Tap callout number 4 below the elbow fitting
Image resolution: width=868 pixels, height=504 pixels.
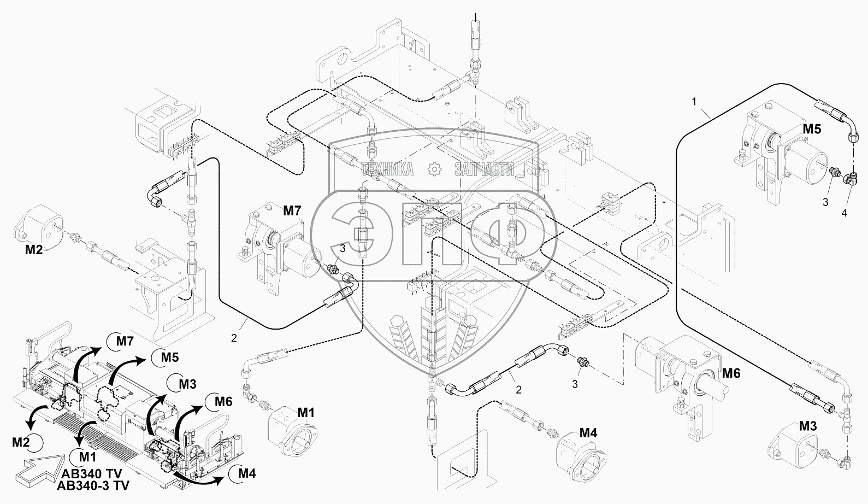[x=844, y=213]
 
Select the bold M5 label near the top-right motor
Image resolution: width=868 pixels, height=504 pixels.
[x=811, y=129]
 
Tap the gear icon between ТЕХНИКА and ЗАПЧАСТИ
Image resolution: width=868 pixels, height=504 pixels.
[x=434, y=169]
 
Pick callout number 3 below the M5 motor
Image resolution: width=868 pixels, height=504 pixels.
[x=825, y=202]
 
